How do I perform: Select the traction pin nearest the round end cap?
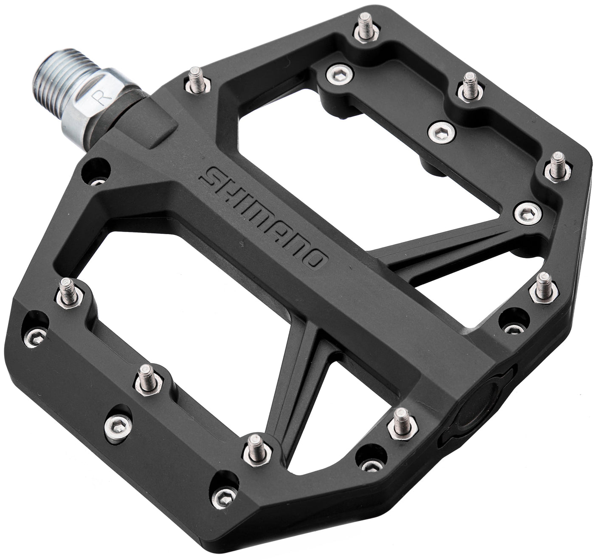(x=400, y=423)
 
